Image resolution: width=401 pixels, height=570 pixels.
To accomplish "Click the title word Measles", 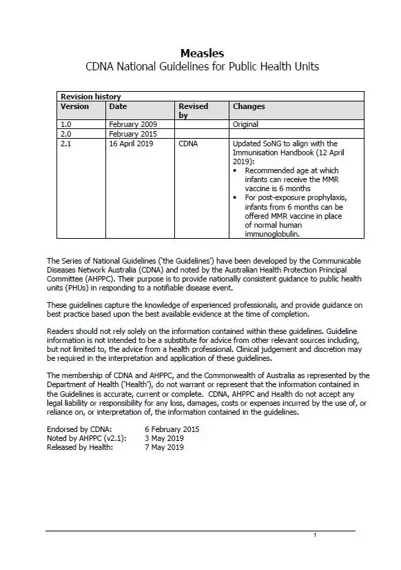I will [202, 53].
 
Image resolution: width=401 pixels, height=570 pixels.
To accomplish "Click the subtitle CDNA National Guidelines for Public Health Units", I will [202, 67].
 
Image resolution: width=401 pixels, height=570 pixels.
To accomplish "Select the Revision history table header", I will [90, 97].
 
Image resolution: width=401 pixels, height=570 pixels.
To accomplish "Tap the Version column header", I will [74, 106].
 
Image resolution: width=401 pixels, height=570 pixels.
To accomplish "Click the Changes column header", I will [249, 106].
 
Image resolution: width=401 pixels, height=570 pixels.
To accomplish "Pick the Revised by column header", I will [193, 110].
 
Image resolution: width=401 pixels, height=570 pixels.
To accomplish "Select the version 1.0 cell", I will [66, 124].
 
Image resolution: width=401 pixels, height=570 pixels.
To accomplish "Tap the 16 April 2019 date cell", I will [132, 144].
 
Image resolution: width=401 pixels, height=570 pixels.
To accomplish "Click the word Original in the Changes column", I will [245, 124].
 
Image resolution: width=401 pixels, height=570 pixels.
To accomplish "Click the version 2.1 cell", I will [66, 144].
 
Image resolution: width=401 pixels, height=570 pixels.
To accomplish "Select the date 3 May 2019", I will [154, 438].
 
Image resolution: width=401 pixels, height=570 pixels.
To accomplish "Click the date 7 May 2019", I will [154, 447].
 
